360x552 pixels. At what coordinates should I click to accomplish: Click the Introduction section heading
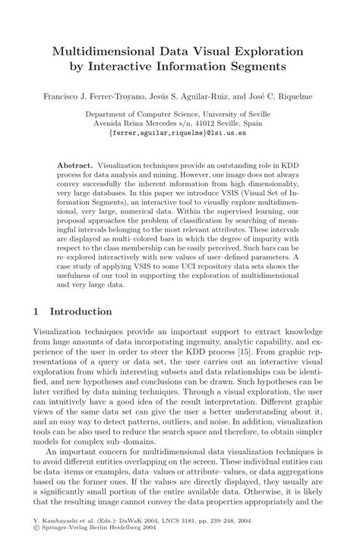(81, 311)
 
